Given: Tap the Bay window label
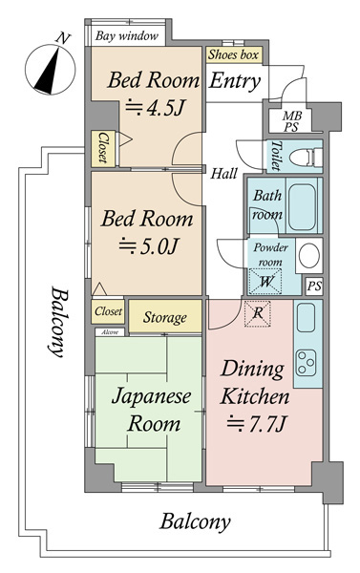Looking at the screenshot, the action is click(127, 36).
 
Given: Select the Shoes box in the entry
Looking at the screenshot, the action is click(234, 54).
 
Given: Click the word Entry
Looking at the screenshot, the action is click(235, 81).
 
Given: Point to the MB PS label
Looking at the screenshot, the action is click(292, 121).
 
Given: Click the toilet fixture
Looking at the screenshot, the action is click(306, 158).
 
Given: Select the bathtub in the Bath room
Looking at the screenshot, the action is click(302, 206).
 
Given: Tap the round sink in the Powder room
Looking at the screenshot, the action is click(309, 255).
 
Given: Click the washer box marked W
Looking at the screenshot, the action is click(265, 282).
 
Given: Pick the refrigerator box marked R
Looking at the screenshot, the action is click(258, 313).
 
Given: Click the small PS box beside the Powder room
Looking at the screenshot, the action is click(314, 286).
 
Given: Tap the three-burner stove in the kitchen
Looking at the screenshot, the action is click(306, 363).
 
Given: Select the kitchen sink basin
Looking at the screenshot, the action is click(306, 317).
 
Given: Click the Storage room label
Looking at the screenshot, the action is click(164, 317).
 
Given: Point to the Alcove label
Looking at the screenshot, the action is click(110, 332).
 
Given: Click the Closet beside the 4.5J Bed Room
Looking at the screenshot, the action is click(103, 148).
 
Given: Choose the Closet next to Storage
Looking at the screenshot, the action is click(108, 311).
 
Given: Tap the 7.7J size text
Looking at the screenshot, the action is click(255, 424).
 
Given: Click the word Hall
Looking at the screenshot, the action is click(223, 173).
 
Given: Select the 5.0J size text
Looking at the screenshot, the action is click(148, 246).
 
